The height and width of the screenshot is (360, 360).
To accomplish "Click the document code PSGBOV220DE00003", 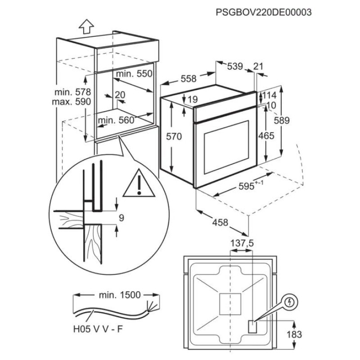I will [264, 12].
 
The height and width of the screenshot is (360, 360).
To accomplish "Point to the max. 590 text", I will [73, 102].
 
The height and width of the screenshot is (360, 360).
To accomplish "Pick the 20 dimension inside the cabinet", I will [120, 94].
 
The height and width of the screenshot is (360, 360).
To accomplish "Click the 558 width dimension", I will [188, 79].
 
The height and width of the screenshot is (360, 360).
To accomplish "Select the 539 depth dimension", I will [235, 67].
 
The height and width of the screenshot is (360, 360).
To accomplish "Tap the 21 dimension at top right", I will [258, 67].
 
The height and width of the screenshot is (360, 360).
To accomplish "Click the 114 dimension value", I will [269, 95].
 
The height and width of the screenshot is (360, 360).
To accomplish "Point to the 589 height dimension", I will [295, 120].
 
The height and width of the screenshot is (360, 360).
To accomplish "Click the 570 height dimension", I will [173, 137].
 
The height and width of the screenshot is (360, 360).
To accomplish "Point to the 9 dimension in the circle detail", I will [121, 218].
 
